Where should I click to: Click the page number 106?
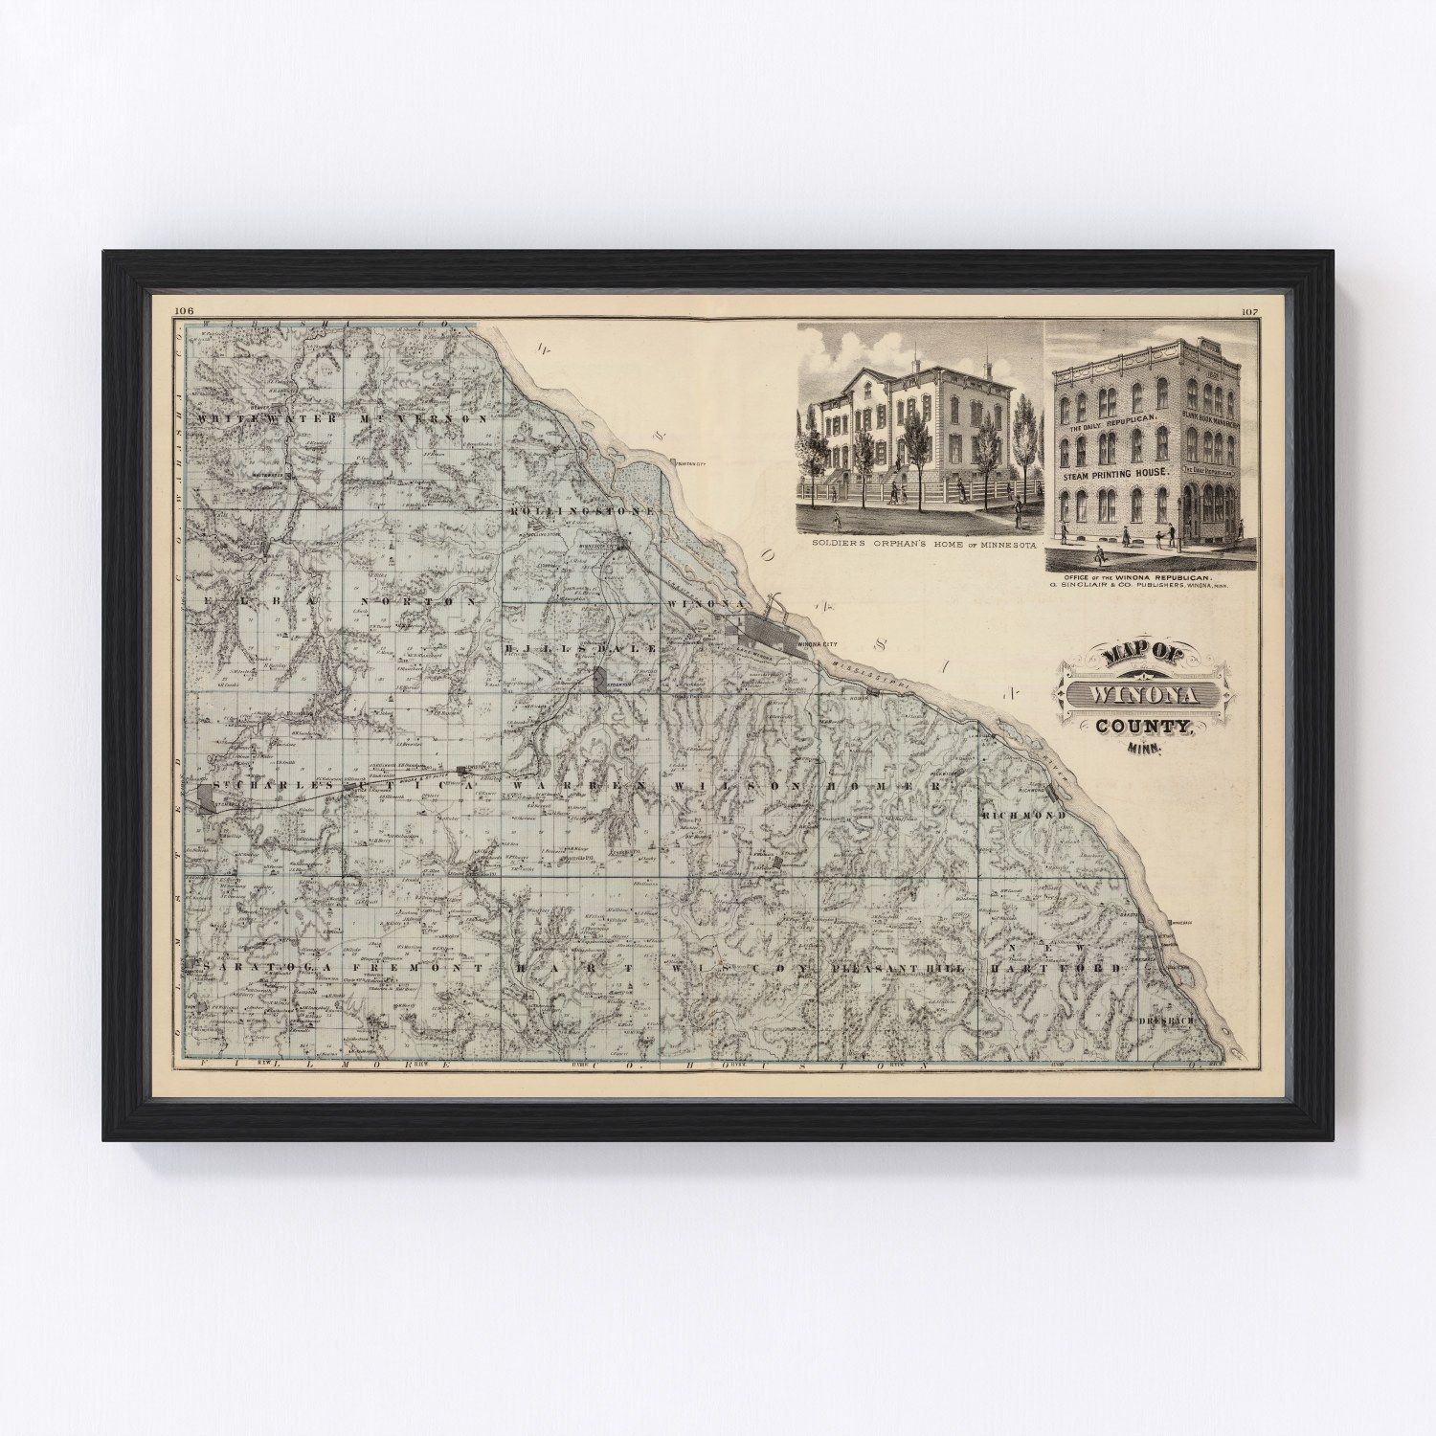(185, 310)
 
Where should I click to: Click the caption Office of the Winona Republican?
(1142, 580)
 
